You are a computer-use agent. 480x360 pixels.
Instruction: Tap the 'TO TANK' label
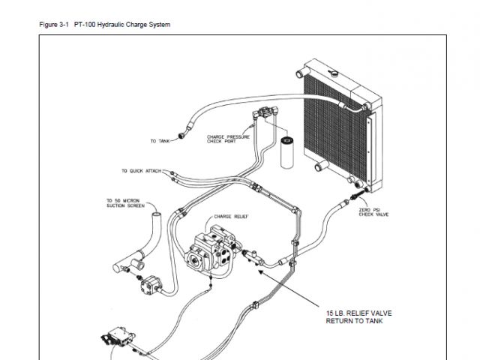tap(159, 140)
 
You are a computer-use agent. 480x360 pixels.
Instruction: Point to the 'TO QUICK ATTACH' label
tap(141, 171)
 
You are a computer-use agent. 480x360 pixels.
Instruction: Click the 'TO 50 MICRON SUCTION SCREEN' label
tap(122, 202)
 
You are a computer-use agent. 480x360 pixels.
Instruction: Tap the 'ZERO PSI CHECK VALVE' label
tap(373, 211)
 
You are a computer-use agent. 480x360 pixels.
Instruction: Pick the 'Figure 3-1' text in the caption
tap(54, 25)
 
